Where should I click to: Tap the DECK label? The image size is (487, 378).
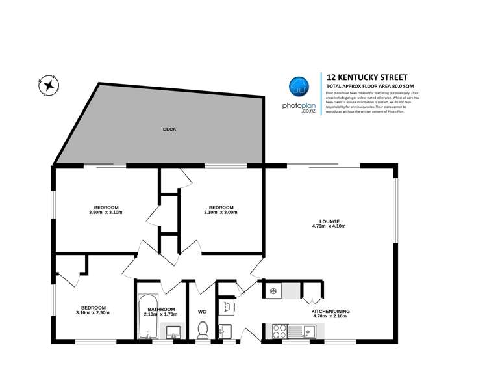click(x=169, y=129)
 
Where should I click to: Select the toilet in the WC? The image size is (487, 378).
click(x=202, y=330)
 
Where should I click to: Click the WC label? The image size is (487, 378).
click(x=201, y=310)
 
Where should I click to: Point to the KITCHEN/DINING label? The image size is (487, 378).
click(x=331, y=312)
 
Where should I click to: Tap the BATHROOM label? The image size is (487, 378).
click(x=160, y=309)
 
